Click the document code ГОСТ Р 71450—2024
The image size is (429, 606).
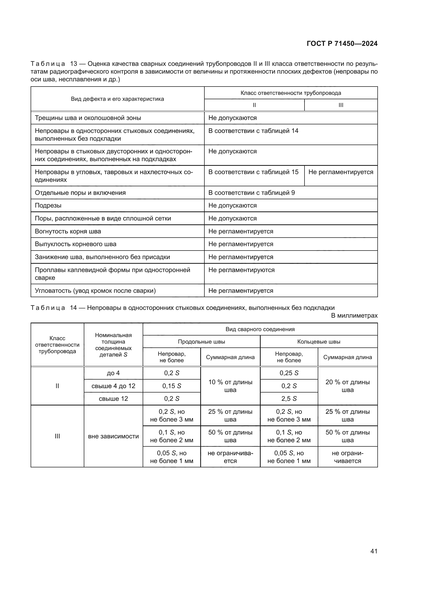click(x=342, y=44)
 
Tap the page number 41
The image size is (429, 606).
click(x=374, y=551)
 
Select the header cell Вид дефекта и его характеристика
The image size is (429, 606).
click(x=117, y=99)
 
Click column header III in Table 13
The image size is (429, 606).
click(x=341, y=105)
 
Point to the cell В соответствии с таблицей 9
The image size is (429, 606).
click(x=252, y=193)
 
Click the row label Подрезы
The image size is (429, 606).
click(x=48, y=205)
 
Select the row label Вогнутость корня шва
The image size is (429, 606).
click(x=68, y=231)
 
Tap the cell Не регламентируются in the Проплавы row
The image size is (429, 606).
click(x=241, y=270)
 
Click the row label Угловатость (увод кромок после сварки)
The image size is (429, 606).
click(x=95, y=291)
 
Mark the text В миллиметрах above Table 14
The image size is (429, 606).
click(x=354, y=315)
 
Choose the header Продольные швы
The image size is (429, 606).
click(x=201, y=341)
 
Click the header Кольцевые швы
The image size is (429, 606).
click(x=319, y=341)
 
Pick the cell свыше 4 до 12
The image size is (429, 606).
click(x=113, y=386)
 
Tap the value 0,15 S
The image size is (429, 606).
click(x=172, y=386)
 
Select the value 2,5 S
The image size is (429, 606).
click(x=289, y=398)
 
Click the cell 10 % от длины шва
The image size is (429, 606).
click(x=230, y=386)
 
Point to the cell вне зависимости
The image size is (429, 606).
click(x=113, y=436)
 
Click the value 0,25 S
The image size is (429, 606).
click(x=289, y=373)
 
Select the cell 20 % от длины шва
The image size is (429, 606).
click(x=347, y=386)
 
